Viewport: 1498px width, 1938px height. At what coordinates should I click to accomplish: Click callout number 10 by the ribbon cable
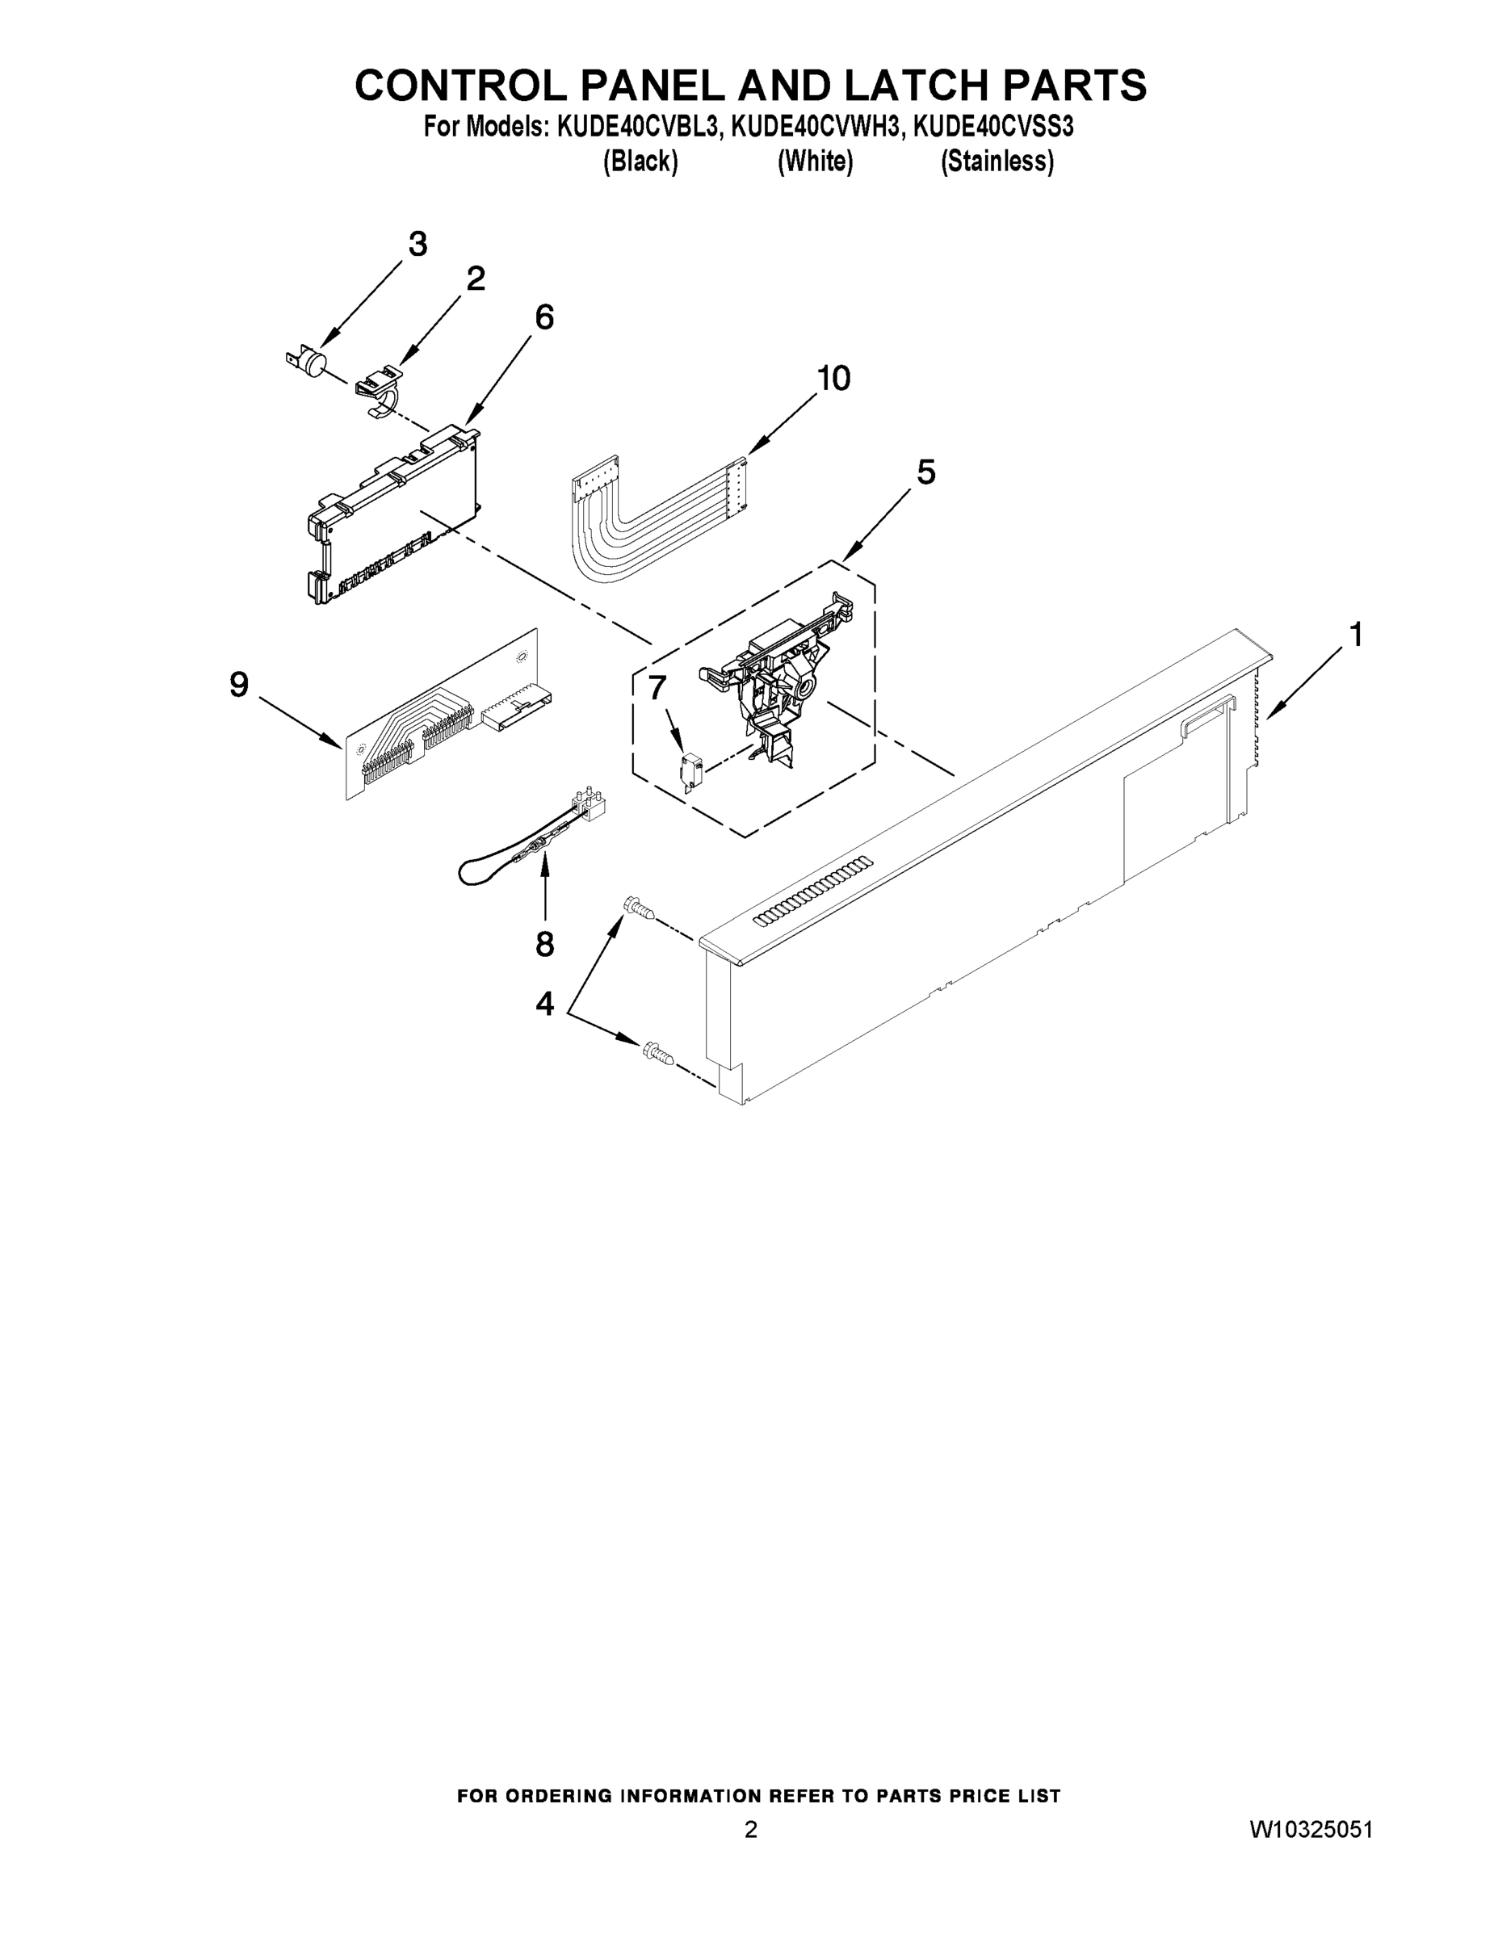833,379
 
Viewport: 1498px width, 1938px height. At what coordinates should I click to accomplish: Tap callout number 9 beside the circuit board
239,685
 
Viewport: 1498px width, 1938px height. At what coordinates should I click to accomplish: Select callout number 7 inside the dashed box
657,687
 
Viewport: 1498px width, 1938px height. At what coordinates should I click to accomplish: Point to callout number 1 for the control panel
1355,635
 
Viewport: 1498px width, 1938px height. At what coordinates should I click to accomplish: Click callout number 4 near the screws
544,1004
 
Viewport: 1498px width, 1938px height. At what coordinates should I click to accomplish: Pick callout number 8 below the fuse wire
544,944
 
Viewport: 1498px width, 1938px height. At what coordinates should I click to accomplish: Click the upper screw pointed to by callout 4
639,908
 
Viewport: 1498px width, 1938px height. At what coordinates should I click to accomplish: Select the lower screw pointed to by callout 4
657,1052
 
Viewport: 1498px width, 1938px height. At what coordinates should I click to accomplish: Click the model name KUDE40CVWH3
815,128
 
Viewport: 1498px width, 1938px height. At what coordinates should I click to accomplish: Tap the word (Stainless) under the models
997,161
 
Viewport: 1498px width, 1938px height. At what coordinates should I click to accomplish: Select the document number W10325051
1311,1829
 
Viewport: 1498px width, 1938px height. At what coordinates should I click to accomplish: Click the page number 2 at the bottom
751,1829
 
